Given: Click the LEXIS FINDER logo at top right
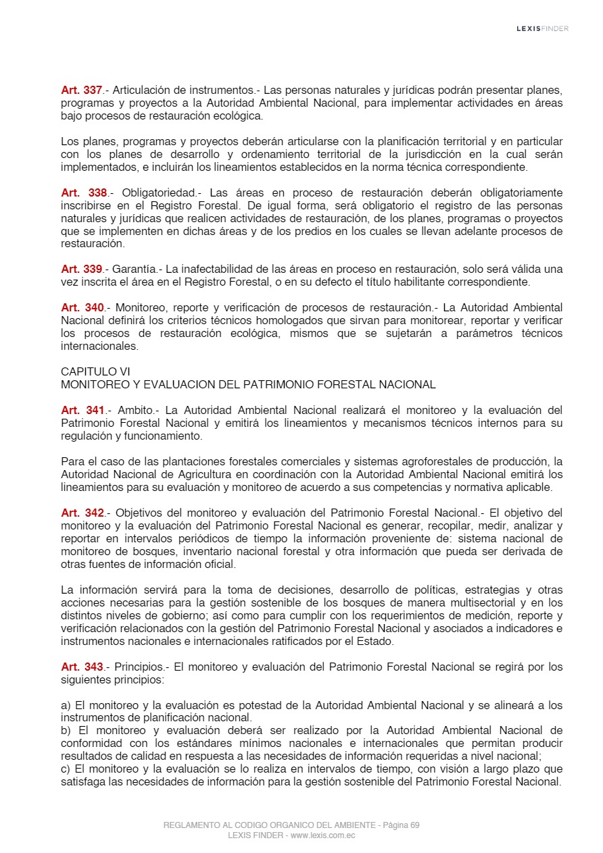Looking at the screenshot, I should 542,28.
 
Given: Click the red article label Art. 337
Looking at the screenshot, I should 81,90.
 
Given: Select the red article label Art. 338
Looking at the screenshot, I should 84,192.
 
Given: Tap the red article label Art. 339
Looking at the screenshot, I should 81,269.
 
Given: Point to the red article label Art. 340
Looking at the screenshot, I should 82,307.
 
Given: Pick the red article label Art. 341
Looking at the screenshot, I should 82,410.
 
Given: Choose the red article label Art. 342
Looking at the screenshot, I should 82,513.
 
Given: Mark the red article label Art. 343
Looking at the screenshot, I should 82,667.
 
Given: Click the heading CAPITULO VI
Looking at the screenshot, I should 95,371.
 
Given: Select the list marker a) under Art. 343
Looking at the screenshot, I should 66,705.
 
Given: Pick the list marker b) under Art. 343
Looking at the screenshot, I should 66,731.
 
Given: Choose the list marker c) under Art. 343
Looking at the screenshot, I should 66,769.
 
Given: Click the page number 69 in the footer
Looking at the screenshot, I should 414,825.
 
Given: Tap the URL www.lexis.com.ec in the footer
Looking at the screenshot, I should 323,835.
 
